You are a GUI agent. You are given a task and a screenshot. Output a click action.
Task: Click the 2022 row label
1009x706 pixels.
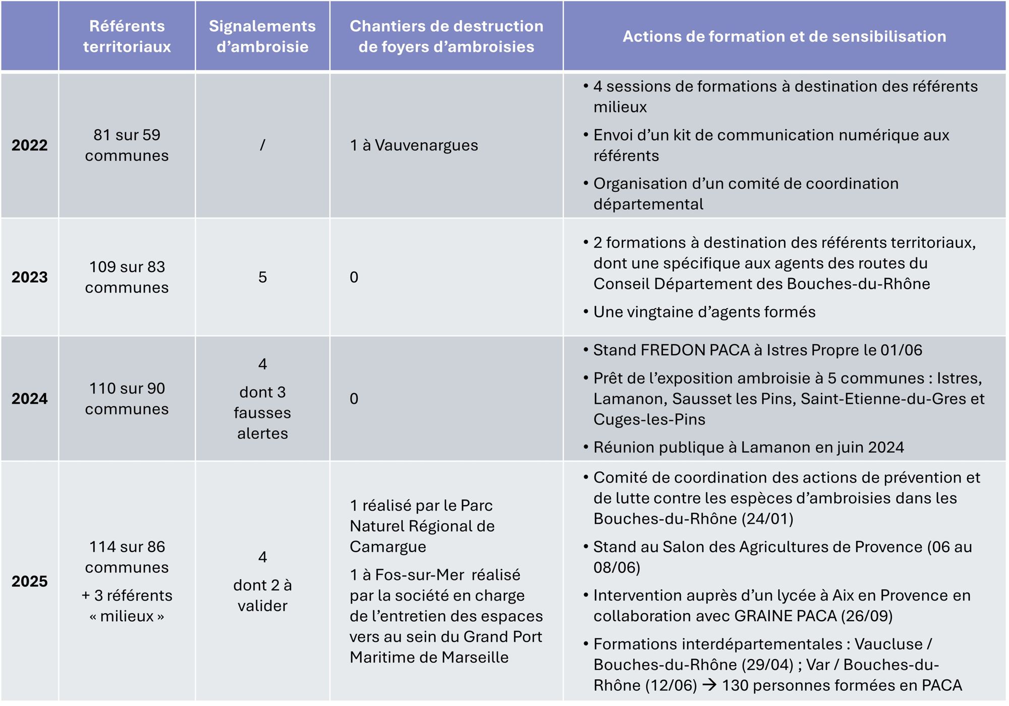(x=30, y=145)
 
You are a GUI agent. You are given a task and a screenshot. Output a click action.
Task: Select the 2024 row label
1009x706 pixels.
(x=30, y=399)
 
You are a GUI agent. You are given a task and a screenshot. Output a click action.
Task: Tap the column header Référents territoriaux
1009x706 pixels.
(x=127, y=36)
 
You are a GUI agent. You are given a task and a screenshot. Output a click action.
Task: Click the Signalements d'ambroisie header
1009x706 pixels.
(x=262, y=36)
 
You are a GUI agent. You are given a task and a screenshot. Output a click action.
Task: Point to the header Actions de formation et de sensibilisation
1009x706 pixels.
(x=784, y=36)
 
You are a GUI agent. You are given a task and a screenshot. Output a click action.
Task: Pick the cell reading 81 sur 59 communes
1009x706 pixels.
(x=127, y=145)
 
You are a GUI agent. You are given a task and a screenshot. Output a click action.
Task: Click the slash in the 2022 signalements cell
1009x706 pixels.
(x=262, y=145)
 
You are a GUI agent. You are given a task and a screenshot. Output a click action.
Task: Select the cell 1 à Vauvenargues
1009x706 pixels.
(x=414, y=145)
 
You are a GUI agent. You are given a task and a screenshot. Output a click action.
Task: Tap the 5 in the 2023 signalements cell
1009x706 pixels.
(x=262, y=277)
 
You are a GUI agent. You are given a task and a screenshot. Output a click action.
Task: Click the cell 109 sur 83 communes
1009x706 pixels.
(x=127, y=277)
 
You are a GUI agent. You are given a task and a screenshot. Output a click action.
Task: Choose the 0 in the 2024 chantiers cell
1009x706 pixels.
(x=354, y=399)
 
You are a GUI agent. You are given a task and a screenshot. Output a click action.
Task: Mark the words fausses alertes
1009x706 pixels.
(x=262, y=423)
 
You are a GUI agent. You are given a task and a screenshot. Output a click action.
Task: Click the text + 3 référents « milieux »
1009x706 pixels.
(x=127, y=606)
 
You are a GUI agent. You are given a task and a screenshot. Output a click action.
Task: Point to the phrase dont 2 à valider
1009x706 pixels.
(x=262, y=595)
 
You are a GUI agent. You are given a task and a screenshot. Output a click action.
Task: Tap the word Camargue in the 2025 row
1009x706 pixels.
(x=388, y=547)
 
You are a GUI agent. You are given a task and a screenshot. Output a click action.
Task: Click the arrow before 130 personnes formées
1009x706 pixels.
(x=709, y=685)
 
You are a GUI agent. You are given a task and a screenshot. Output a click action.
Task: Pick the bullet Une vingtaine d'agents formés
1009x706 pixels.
(x=704, y=312)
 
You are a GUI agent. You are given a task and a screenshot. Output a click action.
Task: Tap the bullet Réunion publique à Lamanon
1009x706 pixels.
(x=748, y=448)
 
